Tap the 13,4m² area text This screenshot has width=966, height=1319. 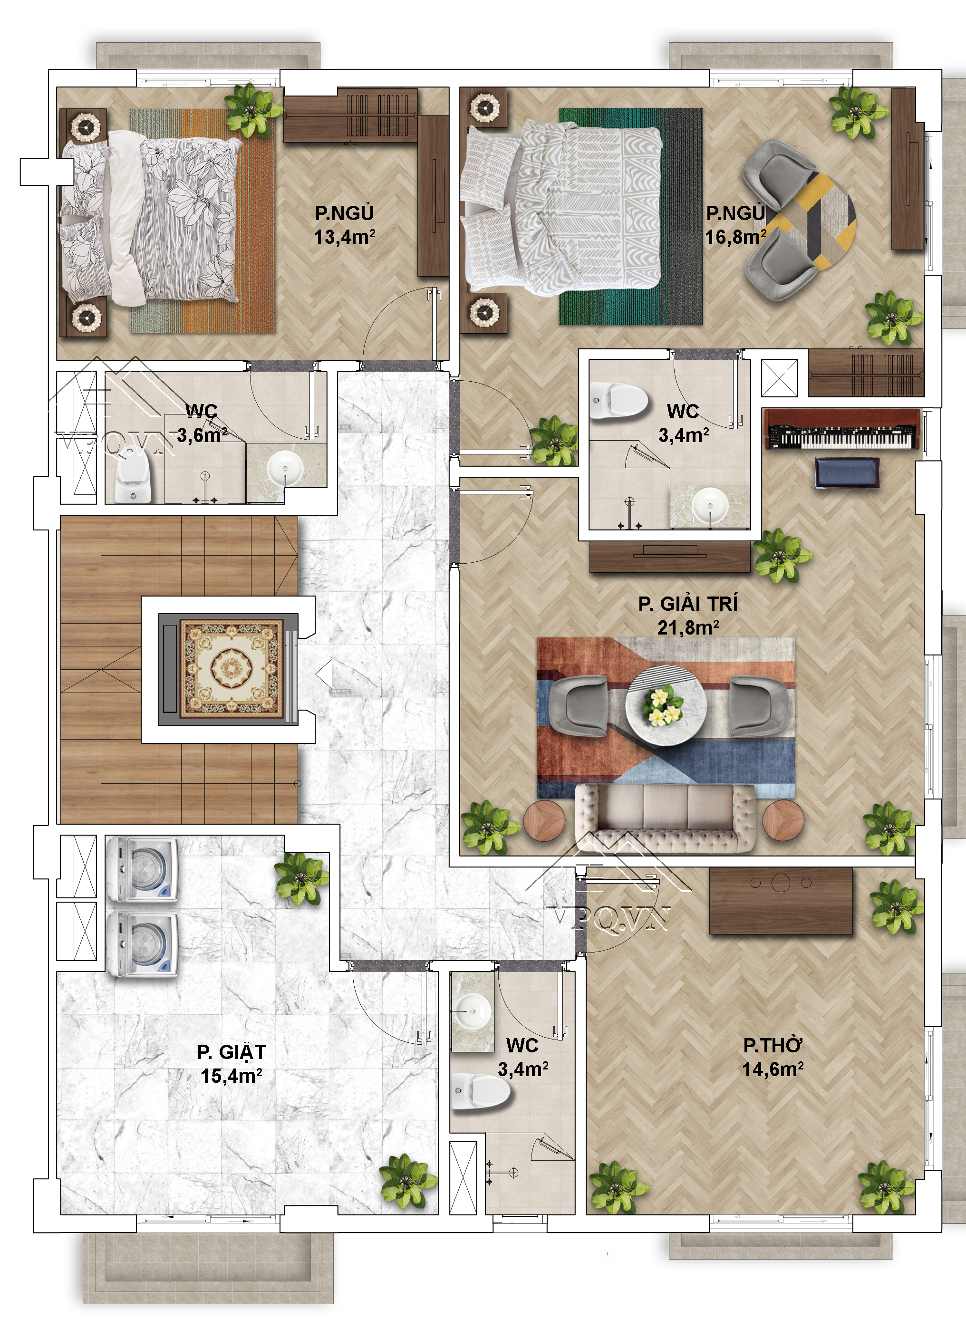pyautogui.click(x=344, y=237)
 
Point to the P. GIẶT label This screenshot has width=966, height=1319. pyautogui.click(x=232, y=1052)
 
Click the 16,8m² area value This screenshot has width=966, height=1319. pyautogui.click(x=735, y=237)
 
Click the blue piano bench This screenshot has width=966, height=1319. pyautogui.click(x=847, y=472)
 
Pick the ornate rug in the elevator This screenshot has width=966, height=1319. pyautogui.click(x=232, y=669)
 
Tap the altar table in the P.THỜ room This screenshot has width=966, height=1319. pyautogui.click(x=781, y=900)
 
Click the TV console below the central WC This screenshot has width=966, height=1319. pyautogui.click(x=669, y=558)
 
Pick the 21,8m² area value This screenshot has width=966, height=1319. pyautogui.click(x=688, y=627)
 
